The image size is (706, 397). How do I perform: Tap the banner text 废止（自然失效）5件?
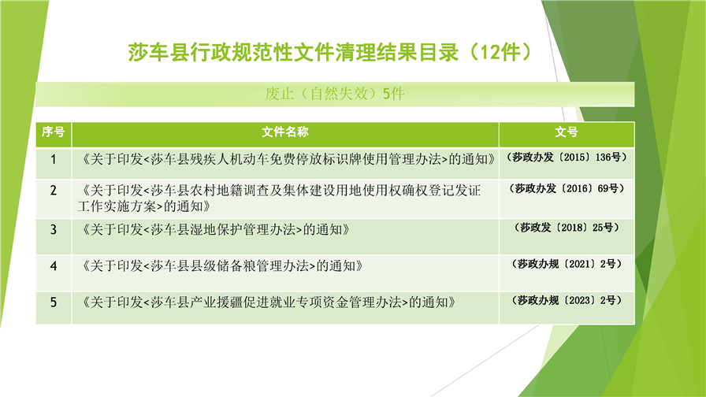[x=335, y=94]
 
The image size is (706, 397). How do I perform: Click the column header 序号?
[x=53, y=132]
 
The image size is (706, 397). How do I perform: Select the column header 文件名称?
[x=285, y=132]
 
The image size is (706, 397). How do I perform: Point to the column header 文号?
[x=567, y=132]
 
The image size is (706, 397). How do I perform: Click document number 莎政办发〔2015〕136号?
[x=567, y=157]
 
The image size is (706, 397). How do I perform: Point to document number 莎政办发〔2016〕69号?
[x=567, y=188]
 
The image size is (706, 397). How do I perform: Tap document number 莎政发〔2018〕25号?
[x=567, y=228]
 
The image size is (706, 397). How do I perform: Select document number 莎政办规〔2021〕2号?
[x=567, y=264]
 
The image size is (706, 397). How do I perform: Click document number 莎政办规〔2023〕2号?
[x=567, y=300]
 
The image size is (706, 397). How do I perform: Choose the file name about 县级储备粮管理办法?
[x=221, y=266]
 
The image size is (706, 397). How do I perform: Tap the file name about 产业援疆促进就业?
[x=266, y=302]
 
